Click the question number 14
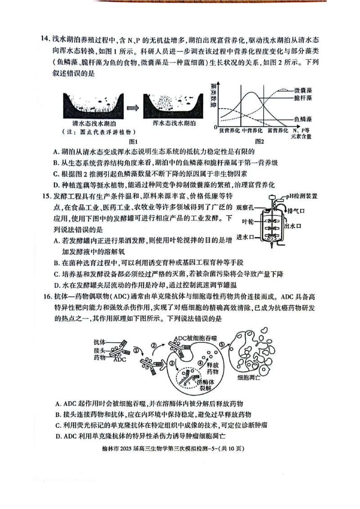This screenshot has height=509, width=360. [45, 39]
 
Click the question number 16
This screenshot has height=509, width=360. [45, 297]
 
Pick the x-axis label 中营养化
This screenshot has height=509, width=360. [252, 130]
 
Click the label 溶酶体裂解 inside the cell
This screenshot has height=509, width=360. [206, 385]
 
